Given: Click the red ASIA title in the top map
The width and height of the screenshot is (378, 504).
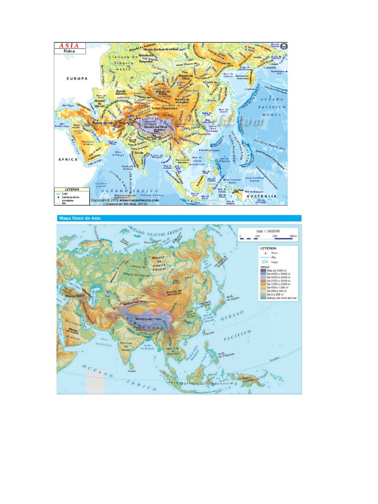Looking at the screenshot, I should [x=69, y=46].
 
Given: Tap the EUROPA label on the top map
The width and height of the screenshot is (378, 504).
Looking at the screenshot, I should [x=77, y=78].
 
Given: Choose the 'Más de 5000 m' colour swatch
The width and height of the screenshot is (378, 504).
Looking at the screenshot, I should [x=263, y=270].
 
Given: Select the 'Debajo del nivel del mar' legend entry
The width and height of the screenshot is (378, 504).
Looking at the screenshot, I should [x=282, y=298].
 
